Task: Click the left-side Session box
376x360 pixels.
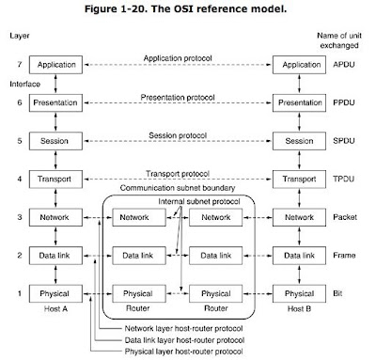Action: point(58,142)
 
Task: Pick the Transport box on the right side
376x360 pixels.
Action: point(300,179)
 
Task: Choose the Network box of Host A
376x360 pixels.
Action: point(58,217)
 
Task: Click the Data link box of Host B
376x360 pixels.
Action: point(300,255)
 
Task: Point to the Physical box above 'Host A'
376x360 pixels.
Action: point(58,293)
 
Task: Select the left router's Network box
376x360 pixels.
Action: point(137,217)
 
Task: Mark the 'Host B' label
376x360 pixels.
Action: point(300,311)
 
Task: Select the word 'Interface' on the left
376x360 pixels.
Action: point(20,82)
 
